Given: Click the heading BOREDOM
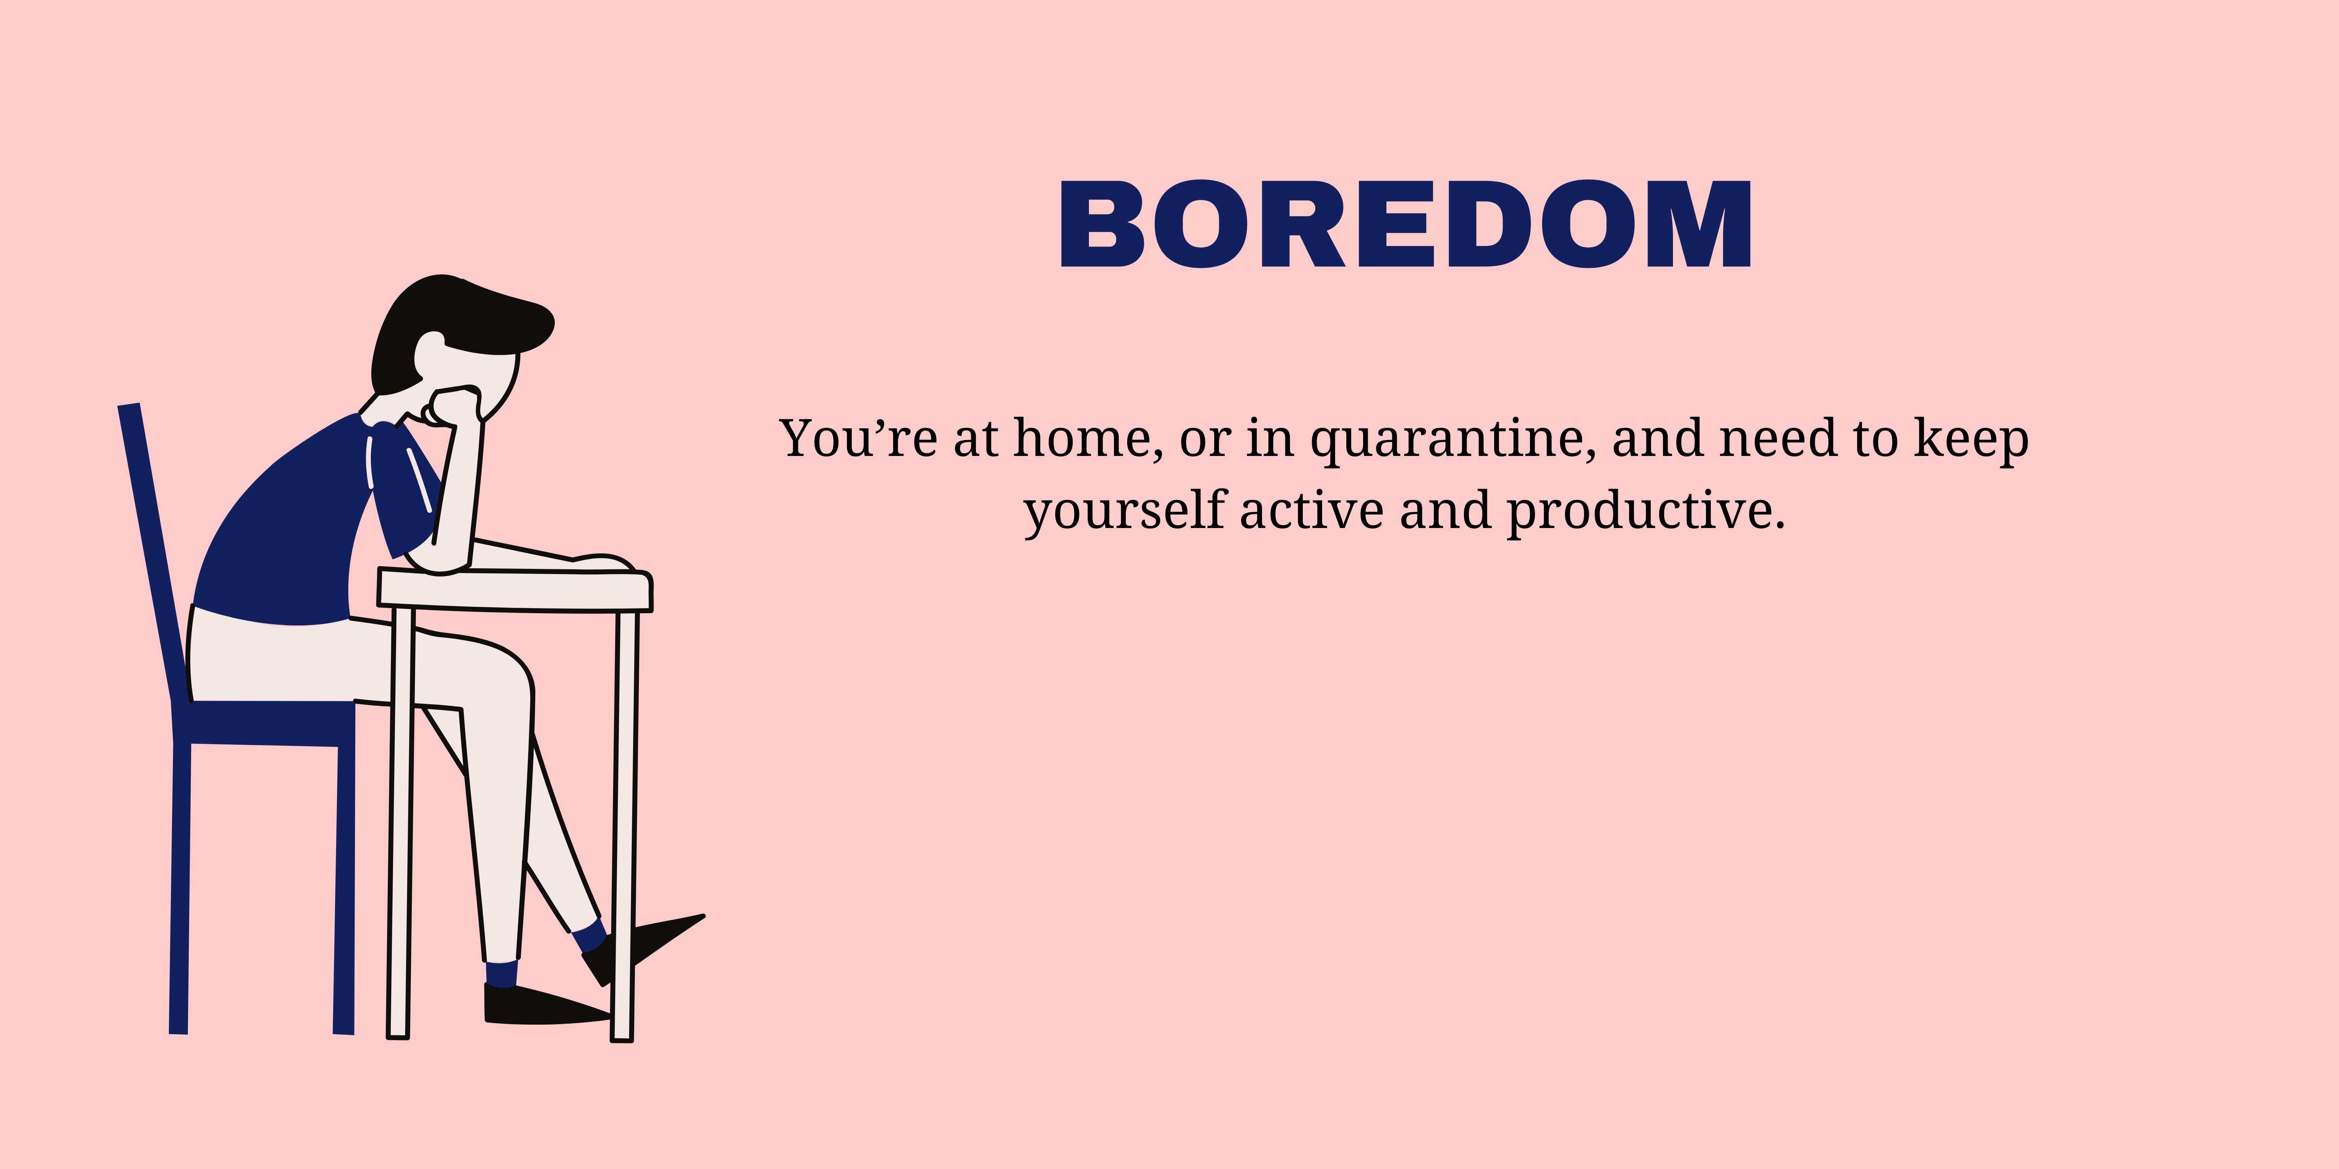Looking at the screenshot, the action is click(x=1406, y=223).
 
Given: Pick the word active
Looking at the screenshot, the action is click(x=1312, y=511).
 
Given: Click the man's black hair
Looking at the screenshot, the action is click(x=454, y=327).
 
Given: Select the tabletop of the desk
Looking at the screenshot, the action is click(x=515, y=590).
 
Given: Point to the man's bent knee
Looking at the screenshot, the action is click(x=509, y=676).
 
